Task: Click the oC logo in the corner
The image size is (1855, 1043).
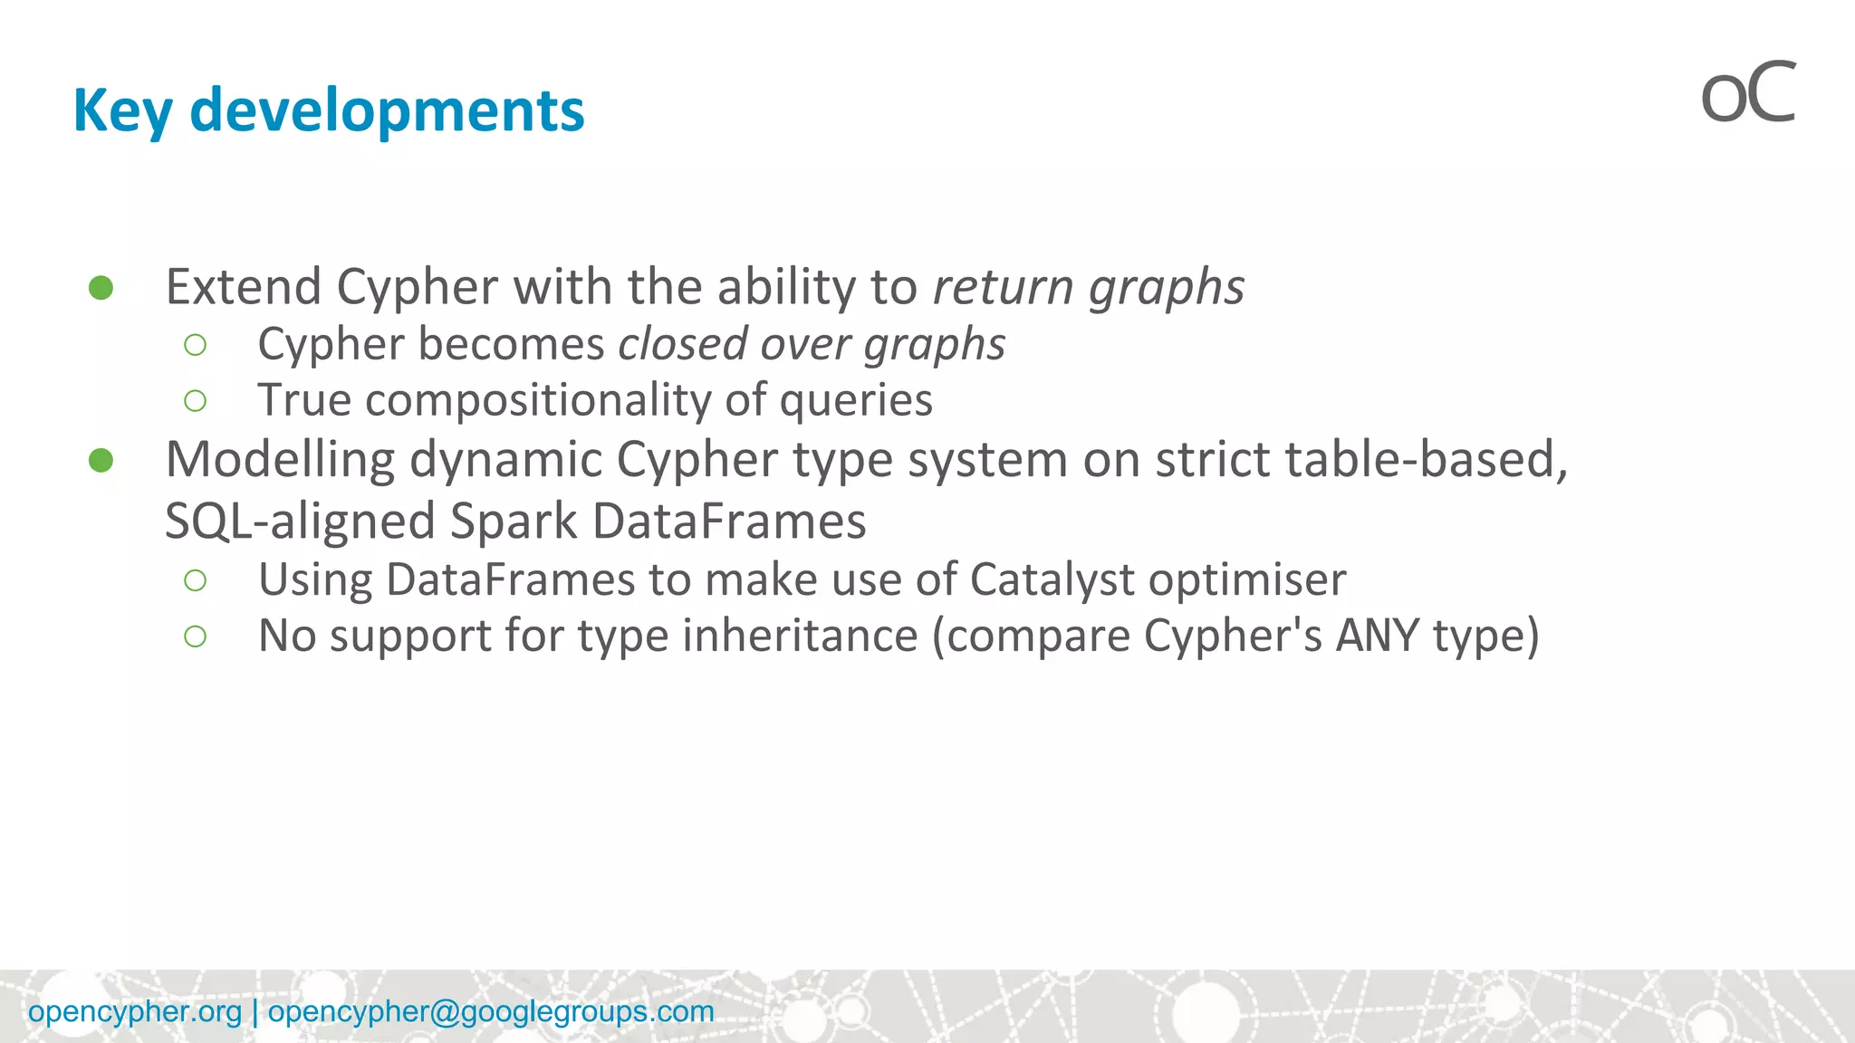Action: [x=1747, y=94]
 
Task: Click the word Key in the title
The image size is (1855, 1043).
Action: [x=122, y=110]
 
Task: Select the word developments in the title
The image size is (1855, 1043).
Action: [x=387, y=110]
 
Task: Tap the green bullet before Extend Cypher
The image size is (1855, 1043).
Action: [x=101, y=288]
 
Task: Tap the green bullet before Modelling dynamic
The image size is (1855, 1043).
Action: [x=101, y=461]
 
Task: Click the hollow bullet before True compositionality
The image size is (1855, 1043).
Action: [x=195, y=400]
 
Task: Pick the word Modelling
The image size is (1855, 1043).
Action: [x=280, y=460]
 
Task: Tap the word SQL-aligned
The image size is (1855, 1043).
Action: [x=300, y=521]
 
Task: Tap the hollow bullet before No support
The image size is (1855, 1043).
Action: [x=195, y=636]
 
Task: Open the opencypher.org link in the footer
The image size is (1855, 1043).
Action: [x=135, y=1011]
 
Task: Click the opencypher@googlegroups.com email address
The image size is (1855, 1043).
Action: [x=491, y=1011]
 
